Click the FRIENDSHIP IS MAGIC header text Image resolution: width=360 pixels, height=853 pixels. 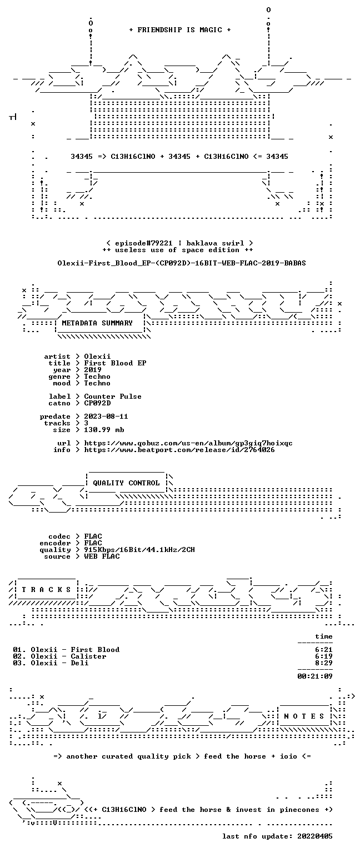tap(180, 29)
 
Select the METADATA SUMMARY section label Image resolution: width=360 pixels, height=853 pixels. tap(97, 323)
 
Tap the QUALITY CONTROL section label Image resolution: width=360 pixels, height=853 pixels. tap(126, 483)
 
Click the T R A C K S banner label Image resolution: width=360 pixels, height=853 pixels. tap(47, 590)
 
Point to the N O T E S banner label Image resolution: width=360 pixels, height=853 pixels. tap(304, 716)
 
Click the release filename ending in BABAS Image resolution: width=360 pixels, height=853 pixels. tap(181, 263)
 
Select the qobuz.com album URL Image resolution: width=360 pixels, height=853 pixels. tap(188, 443)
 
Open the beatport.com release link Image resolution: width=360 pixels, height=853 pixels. tap(179, 450)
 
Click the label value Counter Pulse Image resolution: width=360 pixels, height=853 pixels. tap(113, 397)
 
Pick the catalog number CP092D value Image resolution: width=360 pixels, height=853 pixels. tap(97, 403)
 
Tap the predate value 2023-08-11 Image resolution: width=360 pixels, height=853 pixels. tap(106, 416)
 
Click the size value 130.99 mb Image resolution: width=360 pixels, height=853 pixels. tap(104, 429)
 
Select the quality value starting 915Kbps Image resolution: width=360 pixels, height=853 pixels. tap(139, 549)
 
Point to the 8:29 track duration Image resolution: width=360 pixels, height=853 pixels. tap(324, 663)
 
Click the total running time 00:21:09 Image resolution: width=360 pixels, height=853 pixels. tap(315, 676)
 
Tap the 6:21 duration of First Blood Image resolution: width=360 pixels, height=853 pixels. tap(324, 650)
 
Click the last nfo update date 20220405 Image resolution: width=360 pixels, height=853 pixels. tap(315, 836)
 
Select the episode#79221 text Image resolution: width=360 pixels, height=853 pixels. tap(144, 243)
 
